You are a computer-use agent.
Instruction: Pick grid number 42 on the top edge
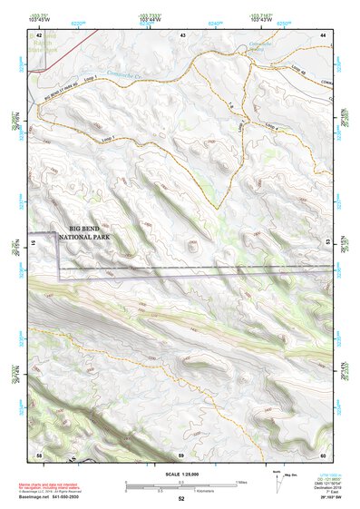click(39, 34)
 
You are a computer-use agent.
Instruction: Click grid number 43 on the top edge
click(182, 34)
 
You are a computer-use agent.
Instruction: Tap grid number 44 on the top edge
click(324, 34)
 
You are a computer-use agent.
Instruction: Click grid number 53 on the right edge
click(326, 243)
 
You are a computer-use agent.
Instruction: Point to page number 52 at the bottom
click(181, 499)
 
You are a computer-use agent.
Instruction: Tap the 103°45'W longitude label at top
click(38, 19)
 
